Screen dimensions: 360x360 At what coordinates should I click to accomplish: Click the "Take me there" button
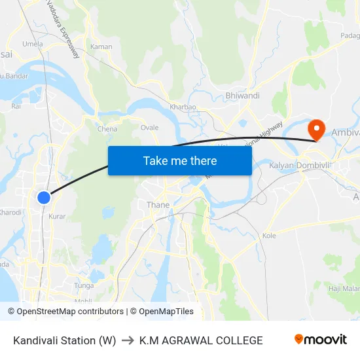click(x=180, y=160)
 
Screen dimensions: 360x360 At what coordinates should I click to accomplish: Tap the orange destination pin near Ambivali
click(x=316, y=128)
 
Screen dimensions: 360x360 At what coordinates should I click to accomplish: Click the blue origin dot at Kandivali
click(x=43, y=197)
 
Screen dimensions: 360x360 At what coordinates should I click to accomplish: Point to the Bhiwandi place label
click(x=242, y=96)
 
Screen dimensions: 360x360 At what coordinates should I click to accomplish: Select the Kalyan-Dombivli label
click(x=301, y=166)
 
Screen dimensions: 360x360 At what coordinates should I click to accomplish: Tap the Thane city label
click(x=158, y=205)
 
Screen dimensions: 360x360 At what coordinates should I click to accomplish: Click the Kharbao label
click(x=183, y=107)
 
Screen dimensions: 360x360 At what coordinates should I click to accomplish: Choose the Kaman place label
click(x=101, y=46)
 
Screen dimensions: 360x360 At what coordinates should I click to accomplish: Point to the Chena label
click(x=107, y=129)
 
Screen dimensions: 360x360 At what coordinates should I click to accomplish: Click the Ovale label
click(x=149, y=128)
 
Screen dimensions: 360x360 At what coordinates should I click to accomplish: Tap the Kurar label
click(x=57, y=216)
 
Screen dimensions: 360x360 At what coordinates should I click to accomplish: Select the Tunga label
click(x=84, y=285)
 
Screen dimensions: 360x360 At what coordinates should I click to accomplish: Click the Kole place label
click(x=269, y=235)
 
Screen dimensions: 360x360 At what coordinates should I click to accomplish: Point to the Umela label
click(x=33, y=44)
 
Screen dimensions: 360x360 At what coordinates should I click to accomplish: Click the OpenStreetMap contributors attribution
click(x=70, y=312)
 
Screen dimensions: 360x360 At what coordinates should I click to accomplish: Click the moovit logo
click(x=320, y=340)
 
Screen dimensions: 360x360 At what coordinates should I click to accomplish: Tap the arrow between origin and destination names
click(x=127, y=340)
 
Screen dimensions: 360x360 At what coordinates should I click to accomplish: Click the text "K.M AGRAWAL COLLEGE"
click(x=201, y=340)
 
